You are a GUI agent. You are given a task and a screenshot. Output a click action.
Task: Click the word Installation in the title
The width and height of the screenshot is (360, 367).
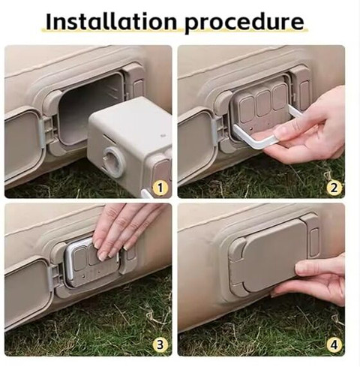coord(111,22)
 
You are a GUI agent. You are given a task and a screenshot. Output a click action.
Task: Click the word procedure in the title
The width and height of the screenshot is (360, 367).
coord(244,23)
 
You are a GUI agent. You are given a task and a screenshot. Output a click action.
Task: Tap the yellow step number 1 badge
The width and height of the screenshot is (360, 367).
coord(160,188)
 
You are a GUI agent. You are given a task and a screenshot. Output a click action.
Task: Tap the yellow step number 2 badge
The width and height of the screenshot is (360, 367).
coord(334,188)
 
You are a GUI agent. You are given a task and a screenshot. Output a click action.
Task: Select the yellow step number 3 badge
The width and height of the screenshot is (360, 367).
coord(160,345)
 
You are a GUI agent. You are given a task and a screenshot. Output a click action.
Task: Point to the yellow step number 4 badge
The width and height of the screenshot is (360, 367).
coord(334,345)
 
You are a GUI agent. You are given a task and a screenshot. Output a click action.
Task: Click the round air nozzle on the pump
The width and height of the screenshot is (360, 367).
coord(114,161)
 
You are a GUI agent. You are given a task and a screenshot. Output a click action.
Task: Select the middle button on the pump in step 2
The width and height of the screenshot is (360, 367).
coord(263,103)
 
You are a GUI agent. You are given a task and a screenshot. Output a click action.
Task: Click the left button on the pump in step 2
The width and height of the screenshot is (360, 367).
coord(246,110)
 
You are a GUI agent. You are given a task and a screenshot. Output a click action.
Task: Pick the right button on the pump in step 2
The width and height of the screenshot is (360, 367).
coord(280,97)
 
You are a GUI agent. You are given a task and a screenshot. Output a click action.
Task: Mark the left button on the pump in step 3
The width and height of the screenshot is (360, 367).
coord(80,260)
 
